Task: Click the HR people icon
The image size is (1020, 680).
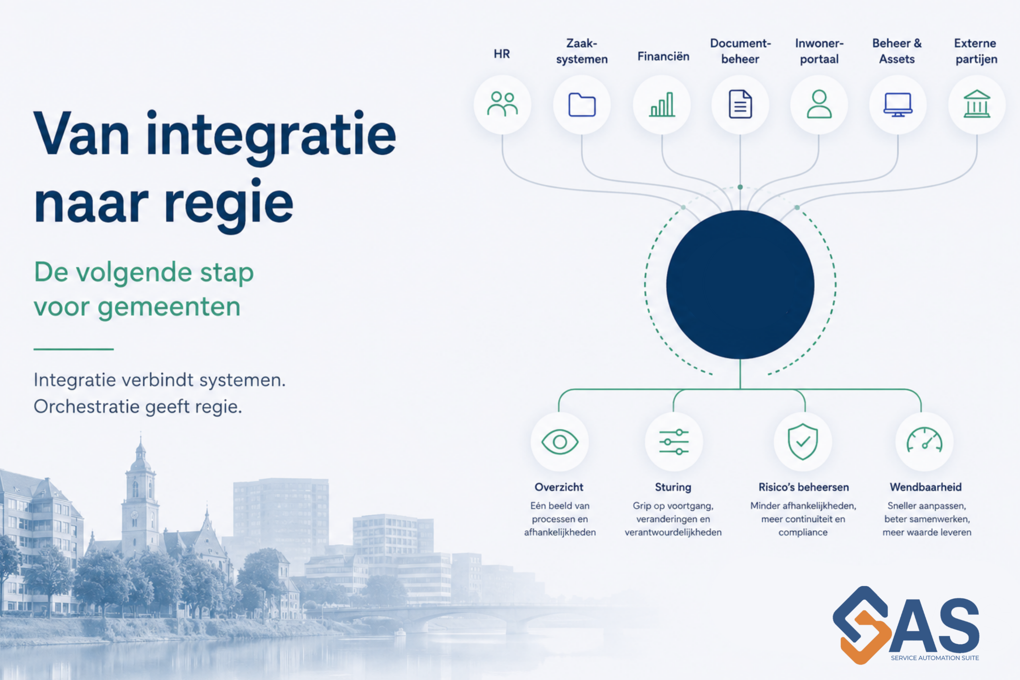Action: (x=502, y=104)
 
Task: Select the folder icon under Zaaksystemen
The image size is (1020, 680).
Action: (x=582, y=104)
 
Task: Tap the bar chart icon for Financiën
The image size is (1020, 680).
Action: (x=662, y=104)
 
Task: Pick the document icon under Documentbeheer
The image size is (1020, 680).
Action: (x=740, y=104)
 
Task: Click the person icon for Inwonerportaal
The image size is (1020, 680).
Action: (x=819, y=104)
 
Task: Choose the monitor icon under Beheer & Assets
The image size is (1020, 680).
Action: (x=898, y=104)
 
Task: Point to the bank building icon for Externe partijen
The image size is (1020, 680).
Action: (x=977, y=104)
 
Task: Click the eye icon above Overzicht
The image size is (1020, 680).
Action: (x=560, y=442)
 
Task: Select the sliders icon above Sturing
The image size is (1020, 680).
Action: (x=673, y=442)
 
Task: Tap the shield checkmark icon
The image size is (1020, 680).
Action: (x=803, y=441)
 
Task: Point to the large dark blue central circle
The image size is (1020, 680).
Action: (x=740, y=284)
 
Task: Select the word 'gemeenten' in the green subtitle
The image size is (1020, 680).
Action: (x=169, y=308)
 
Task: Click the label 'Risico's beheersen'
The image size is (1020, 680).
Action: (x=803, y=487)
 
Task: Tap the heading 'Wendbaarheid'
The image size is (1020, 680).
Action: (x=926, y=487)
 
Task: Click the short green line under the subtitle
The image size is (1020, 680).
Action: (x=73, y=349)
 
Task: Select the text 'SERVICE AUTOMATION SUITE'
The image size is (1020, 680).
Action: (x=935, y=658)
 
